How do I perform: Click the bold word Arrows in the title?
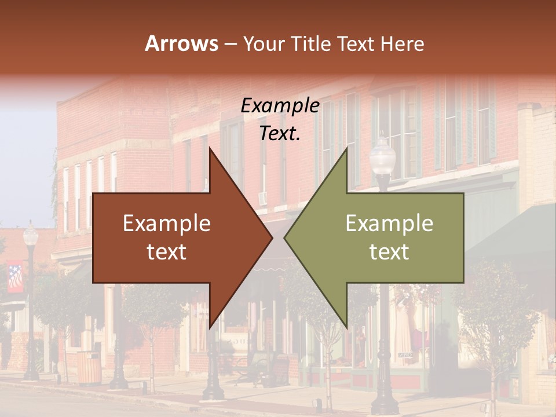pyautogui.click(x=182, y=43)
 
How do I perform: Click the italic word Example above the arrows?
pyautogui.click(x=280, y=106)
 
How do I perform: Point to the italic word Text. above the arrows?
pyautogui.click(x=280, y=133)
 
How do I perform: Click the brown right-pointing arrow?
pyautogui.click(x=174, y=237)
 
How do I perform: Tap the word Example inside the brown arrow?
pyautogui.click(x=167, y=224)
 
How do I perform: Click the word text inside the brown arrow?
pyautogui.click(x=167, y=251)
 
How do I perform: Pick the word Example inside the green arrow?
pyautogui.click(x=389, y=224)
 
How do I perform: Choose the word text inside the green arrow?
pyautogui.click(x=389, y=251)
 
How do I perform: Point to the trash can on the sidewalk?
pyautogui.click(x=89, y=367)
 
